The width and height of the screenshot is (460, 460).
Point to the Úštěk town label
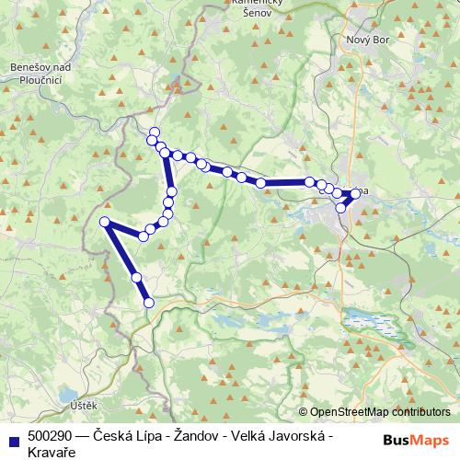[x=70, y=403]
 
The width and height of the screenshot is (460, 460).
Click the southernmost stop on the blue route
[x=148, y=302]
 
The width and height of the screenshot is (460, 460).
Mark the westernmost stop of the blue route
[x=105, y=222]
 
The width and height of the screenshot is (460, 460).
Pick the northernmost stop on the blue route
[x=155, y=132]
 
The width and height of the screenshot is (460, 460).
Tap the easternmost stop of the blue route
[x=356, y=193]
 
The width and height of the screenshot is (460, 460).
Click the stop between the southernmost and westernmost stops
[x=136, y=277]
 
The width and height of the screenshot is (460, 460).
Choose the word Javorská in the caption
[x=300, y=435]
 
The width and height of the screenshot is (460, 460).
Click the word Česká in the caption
[x=112, y=435]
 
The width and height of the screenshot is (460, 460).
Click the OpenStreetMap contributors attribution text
[x=379, y=412]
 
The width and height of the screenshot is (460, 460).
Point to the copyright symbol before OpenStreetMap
[x=304, y=412]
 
